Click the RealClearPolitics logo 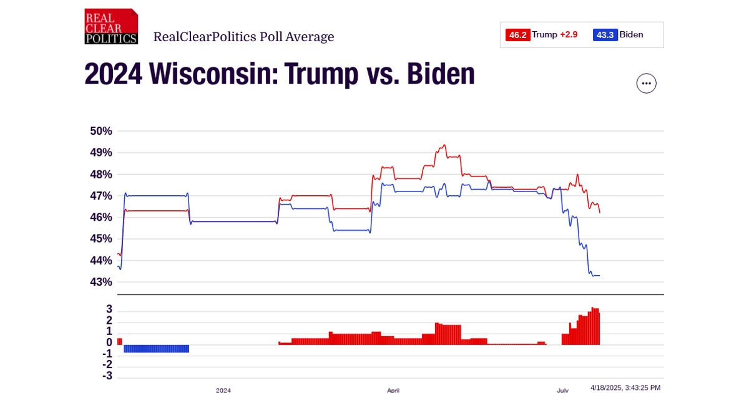[x=111, y=26]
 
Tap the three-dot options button [x=646, y=84]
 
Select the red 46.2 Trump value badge [x=517, y=35]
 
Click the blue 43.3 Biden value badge [x=605, y=35]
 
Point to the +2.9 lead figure [x=569, y=35]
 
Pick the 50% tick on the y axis [x=100, y=131]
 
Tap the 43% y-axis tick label [x=100, y=282]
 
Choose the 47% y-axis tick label [x=100, y=196]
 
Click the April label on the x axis [x=393, y=390]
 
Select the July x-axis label [x=562, y=390]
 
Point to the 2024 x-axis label [x=223, y=390]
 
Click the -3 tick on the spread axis [x=107, y=376]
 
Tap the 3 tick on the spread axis [x=109, y=309]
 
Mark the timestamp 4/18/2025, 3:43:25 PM [x=625, y=387]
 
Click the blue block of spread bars [x=156, y=349]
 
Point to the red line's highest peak [x=444, y=145]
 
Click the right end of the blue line [x=599, y=276]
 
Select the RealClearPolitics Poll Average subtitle [x=243, y=37]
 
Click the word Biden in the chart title [x=441, y=75]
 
